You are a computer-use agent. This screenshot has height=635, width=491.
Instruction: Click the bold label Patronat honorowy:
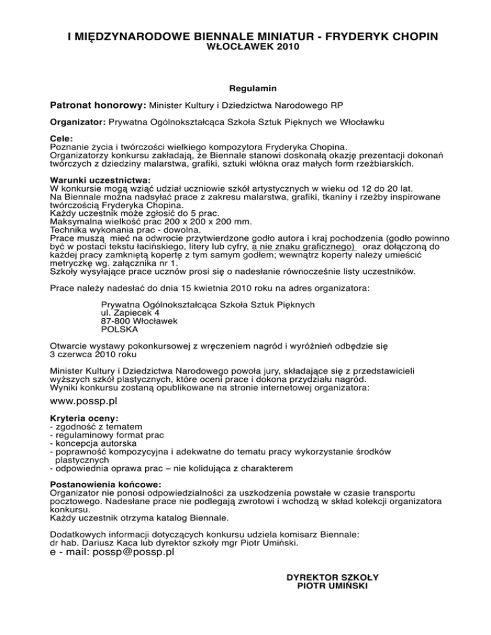98,103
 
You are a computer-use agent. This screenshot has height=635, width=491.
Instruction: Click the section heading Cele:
63,137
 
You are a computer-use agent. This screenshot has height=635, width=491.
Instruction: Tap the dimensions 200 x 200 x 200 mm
170,220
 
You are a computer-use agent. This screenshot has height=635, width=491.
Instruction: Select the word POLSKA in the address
120,330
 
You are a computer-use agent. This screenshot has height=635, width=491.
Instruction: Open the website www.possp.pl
83,402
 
